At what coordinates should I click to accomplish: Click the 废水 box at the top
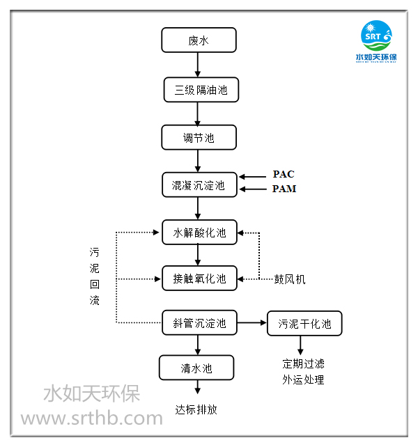tap(199, 40)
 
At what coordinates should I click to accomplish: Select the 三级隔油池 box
tap(199, 89)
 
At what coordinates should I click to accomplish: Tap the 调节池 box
tap(199, 137)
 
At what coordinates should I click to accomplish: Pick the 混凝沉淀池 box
tap(199, 185)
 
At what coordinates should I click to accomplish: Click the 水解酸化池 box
tap(199, 233)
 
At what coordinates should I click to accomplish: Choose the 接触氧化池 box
tap(199, 279)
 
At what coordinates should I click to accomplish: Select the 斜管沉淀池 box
tap(199, 323)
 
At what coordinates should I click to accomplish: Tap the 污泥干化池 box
tap(304, 323)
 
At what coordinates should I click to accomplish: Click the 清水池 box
tap(196, 368)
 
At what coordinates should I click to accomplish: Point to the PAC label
tap(284, 175)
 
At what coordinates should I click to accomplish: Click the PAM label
tap(284, 189)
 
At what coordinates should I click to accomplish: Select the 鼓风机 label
tap(289, 279)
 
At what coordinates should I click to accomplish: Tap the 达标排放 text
tap(196, 409)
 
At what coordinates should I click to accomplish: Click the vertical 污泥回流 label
tap(95, 276)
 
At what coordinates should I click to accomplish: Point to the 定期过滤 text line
tap(303, 363)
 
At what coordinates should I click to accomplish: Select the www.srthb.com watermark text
tap(91, 418)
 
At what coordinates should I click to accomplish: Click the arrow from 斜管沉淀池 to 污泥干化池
tap(251, 323)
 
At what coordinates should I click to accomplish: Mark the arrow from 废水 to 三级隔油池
tap(199, 65)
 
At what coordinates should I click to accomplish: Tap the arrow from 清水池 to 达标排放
tap(196, 388)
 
